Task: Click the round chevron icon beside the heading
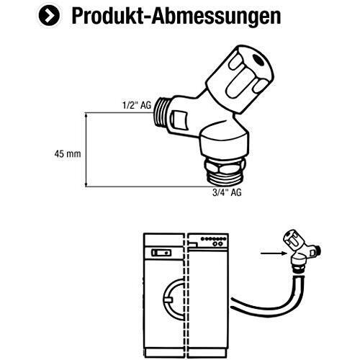tap(49, 16)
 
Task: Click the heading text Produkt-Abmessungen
tap(176, 16)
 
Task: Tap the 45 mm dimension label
tap(68, 154)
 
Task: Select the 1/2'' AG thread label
tap(137, 105)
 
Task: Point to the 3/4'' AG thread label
tap(227, 192)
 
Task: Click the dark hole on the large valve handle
tap(258, 60)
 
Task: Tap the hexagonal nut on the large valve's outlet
tap(225, 166)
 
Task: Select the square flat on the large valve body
tap(179, 119)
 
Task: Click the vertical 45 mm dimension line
tap(86, 150)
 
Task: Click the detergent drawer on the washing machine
tap(161, 253)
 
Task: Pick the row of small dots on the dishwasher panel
tap(213, 239)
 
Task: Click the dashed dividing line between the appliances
tap(186, 295)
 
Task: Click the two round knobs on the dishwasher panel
tap(217, 244)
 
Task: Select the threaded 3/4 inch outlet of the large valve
tap(225, 179)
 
